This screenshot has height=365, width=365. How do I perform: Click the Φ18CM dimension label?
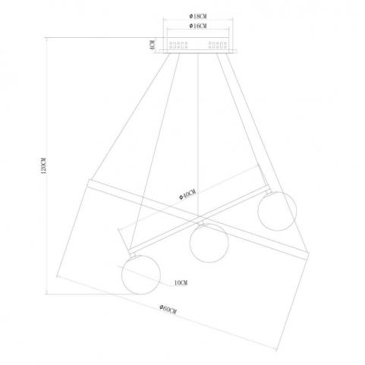tap(198, 17)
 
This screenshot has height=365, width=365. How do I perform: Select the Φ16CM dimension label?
tap(198, 26)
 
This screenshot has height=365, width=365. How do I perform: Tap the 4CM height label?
tap(152, 45)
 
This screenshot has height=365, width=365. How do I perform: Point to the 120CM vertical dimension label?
tap(43, 165)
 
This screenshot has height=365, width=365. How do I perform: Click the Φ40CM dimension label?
tap(187, 194)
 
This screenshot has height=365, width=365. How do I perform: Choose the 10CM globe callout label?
tap(181, 283)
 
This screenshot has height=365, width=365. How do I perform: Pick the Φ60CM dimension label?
tap(168, 310)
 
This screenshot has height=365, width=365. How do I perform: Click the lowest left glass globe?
tap(141, 275)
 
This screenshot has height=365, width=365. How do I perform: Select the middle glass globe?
tap(209, 243)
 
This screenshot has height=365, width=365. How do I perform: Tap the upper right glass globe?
tap(277, 211)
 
